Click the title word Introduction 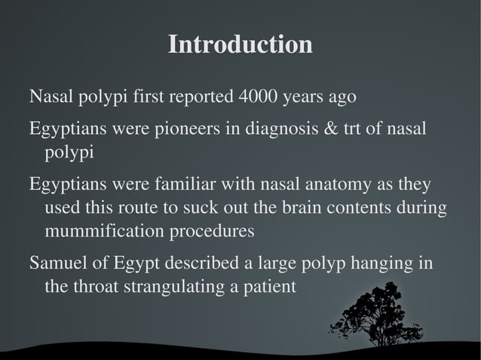coord(240,44)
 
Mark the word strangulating coord(158,287)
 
